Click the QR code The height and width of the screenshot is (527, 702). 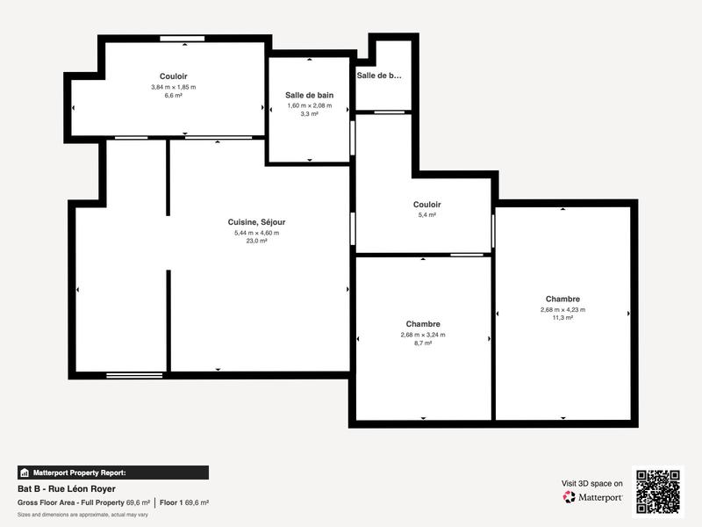[x=657, y=491]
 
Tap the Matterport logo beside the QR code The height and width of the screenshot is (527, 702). [x=593, y=497]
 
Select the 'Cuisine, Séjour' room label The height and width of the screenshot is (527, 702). [x=256, y=222]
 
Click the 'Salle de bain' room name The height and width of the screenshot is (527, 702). [x=309, y=95]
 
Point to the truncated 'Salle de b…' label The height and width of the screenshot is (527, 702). [x=379, y=76]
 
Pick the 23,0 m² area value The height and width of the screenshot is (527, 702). [x=256, y=241]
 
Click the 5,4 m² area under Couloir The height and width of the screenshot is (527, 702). [x=427, y=214]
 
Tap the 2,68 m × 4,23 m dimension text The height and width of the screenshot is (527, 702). [x=562, y=309]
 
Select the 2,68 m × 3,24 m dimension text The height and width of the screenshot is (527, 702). [x=423, y=335]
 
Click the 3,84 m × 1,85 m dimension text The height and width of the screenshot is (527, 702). [x=173, y=87]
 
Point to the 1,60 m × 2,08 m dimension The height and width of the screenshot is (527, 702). [x=309, y=105]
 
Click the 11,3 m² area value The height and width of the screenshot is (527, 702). [x=562, y=318]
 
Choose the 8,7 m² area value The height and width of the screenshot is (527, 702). [x=423, y=343]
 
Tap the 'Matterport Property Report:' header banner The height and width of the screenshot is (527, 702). [x=112, y=472]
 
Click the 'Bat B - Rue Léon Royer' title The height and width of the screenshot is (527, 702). [x=66, y=488]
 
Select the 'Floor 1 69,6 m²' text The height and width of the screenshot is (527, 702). [x=183, y=502]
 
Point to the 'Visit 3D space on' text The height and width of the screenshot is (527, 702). [x=592, y=483]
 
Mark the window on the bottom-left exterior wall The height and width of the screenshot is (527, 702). [x=134, y=376]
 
